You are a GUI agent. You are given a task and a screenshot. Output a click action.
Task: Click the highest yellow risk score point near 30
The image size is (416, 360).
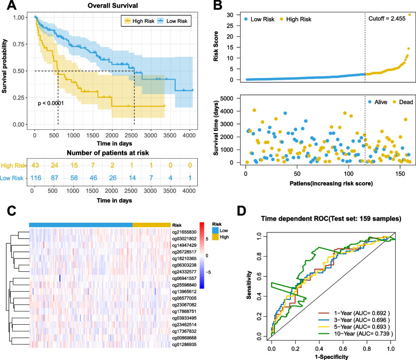410,15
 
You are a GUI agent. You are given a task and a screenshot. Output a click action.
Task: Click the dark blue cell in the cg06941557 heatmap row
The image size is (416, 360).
60,278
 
